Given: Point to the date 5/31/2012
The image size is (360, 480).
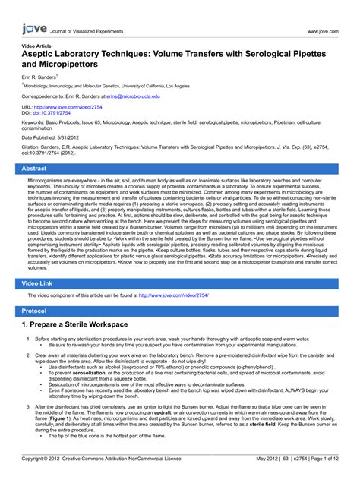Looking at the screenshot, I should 82,137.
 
